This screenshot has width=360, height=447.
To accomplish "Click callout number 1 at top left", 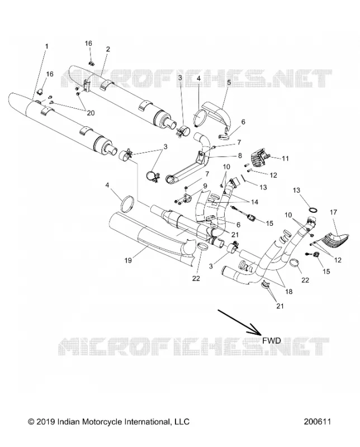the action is tap(47, 46).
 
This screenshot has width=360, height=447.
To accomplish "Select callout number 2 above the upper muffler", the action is tap(108, 49).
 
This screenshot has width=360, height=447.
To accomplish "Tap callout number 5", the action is tap(229, 83).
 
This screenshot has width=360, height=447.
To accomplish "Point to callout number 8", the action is tap(240, 155).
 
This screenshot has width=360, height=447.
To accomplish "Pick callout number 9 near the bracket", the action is tap(205, 187).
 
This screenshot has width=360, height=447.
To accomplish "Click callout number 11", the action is tap(285, 159).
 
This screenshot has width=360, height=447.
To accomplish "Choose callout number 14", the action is tap(254, 202).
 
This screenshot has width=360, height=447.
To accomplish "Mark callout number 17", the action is tap(334, 212).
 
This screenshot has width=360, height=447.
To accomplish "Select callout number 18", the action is tap(288, 292).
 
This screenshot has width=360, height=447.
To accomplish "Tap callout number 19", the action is tap(128, 260).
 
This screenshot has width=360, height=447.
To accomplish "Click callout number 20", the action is tap(91, 113).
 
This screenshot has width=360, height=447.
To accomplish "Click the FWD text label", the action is tap(272, 340).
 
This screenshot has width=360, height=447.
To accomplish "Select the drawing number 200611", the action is tap(317, 422).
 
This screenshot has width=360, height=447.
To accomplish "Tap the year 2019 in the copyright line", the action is tap(46, 422).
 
